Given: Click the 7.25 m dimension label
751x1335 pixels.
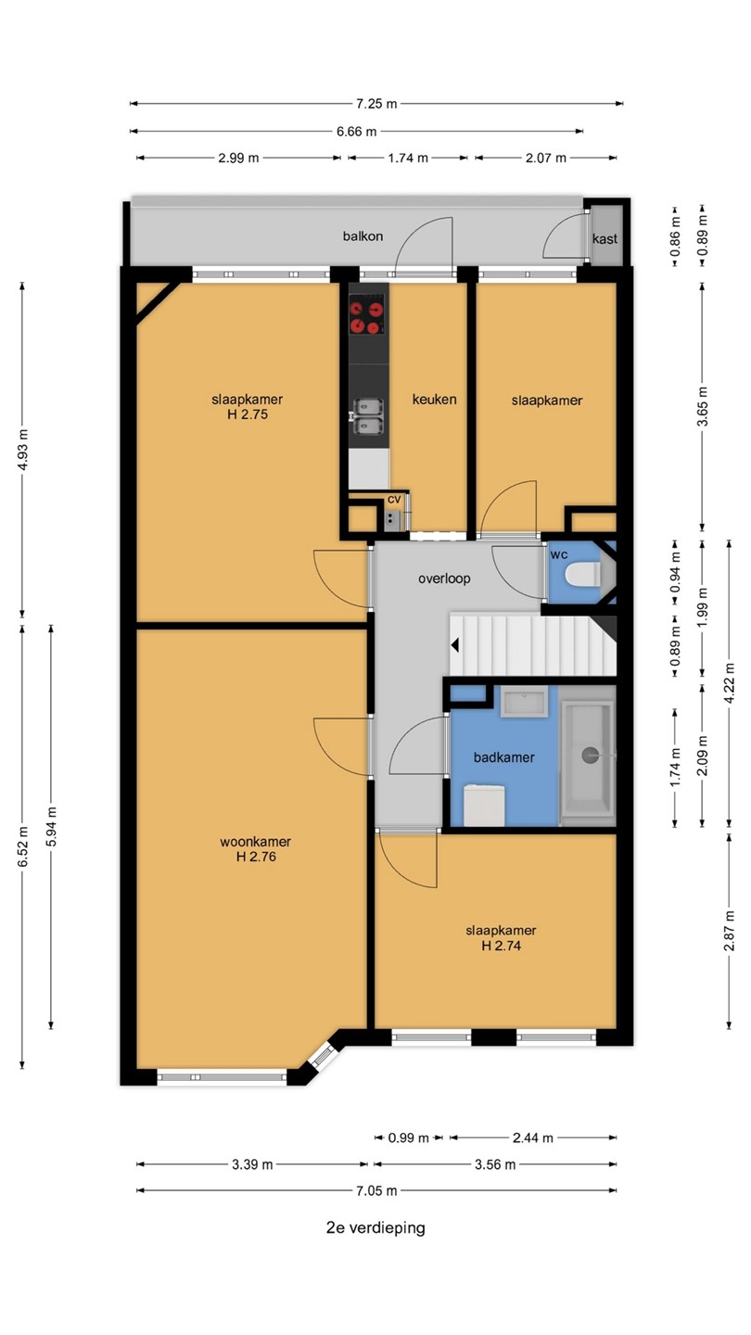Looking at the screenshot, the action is click(x=376, y=104).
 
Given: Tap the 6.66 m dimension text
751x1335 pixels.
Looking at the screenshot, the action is click(x=356, y=131).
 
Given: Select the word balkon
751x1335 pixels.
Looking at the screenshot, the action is click(x=363, y=236).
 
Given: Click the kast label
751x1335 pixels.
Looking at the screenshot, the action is click(x=605, y=239).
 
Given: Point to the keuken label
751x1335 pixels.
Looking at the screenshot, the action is click(x=435, y=400).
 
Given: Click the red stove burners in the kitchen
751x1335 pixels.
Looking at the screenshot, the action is click(x=366, y=317).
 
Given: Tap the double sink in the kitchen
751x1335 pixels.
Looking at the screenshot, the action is click(x=368, y=416).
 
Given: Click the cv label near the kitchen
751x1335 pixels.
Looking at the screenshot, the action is click(x=394, y=500).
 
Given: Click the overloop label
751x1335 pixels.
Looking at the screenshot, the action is click(x=444, y=578).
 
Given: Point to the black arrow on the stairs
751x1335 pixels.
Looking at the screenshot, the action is click(x=454, y=645).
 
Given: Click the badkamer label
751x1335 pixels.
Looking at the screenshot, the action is click(x=503, y=756).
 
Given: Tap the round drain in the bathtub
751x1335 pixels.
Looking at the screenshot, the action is click(x=590, y=755).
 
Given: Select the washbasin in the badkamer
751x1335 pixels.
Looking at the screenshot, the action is click(x=524, y=702).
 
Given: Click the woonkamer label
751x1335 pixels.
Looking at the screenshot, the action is click(x=255, y=842).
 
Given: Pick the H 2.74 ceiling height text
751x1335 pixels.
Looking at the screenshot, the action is click(x=501, y=946).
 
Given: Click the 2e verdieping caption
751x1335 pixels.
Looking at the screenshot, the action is click(x=375, y=1227).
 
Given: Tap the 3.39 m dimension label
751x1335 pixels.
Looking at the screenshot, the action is click(x=252, y=1164).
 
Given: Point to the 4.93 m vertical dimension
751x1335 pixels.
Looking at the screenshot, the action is click(x=22, y=450).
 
